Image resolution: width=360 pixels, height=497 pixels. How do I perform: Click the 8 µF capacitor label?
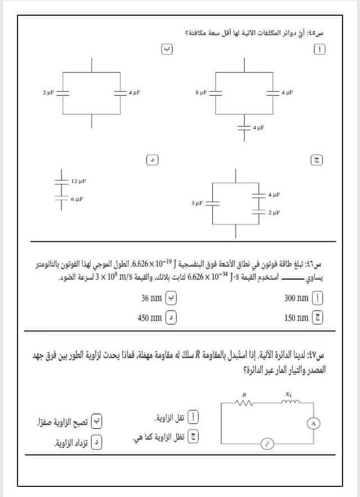click(201, 91)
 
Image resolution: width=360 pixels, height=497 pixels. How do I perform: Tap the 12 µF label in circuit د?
click(78, 181)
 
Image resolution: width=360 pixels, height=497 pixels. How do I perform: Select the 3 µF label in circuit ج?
click(196, 203)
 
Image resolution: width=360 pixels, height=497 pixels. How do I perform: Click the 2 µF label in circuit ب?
click(48, 91)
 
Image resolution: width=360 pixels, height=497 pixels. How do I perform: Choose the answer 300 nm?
click(297, 298)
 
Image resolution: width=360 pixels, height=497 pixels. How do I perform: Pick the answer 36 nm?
click(152, 298)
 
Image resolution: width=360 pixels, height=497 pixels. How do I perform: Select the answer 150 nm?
click(297, 318)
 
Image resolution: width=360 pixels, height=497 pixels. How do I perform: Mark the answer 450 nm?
click(150, 318)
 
